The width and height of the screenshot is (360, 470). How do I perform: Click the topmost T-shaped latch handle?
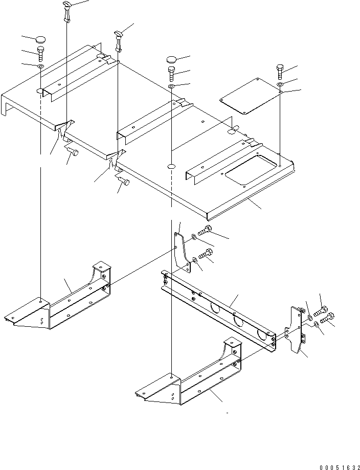[x=67, y=11]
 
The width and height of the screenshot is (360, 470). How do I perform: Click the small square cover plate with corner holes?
[x=245, y=97]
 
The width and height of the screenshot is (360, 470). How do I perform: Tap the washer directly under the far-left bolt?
[x=41, y=66]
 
